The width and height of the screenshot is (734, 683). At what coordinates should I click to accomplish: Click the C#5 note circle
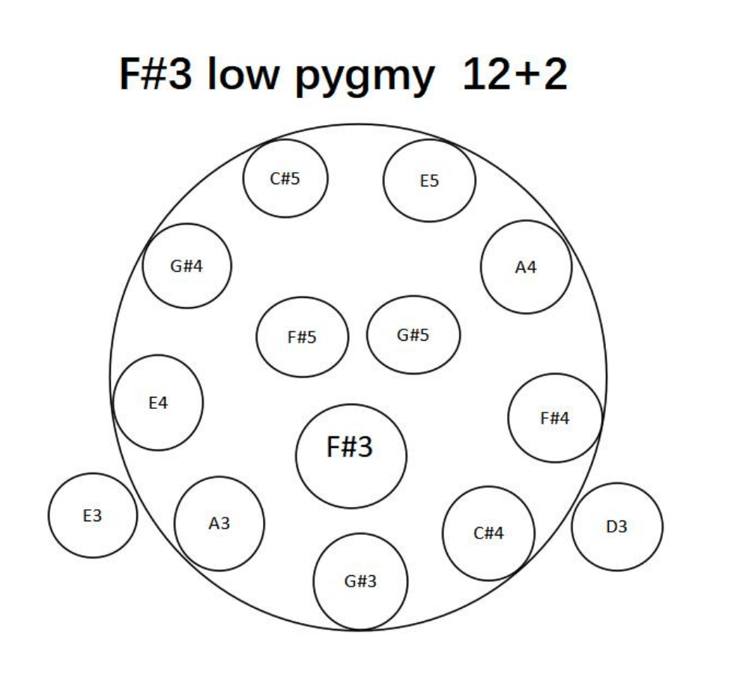coord(285,179)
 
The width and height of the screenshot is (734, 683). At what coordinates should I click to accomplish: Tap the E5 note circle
coord(429,180)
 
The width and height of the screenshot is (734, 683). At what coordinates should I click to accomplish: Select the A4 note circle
coord(527,267)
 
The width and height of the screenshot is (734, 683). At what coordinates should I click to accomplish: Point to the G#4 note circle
coord(187,266)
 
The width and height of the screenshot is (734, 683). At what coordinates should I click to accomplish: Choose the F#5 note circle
coord(303,337)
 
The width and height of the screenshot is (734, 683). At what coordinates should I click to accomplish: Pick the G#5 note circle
coord(413,335)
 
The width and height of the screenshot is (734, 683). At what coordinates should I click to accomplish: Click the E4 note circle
coord(158,402)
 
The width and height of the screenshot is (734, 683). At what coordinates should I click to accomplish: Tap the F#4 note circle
coord(555,418)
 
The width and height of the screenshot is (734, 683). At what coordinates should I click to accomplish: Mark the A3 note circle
coord(219,523)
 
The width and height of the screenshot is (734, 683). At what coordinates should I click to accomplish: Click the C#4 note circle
coord(489,533)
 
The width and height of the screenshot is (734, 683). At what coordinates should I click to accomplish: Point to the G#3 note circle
coord(361,581)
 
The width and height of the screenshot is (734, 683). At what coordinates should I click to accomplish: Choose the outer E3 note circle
coord(93,515)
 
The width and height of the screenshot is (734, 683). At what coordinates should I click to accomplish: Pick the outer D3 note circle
coord(617,526)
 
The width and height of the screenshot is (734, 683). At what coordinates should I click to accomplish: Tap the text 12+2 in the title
coord(515,76)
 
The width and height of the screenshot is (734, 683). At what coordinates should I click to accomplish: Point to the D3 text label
coord(617,526)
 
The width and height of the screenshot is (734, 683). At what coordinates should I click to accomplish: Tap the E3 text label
coord(93,515)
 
